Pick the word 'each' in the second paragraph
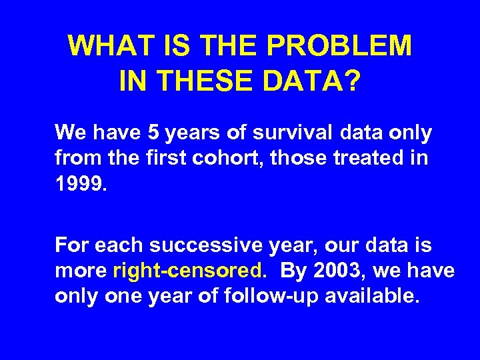[119, 245]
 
